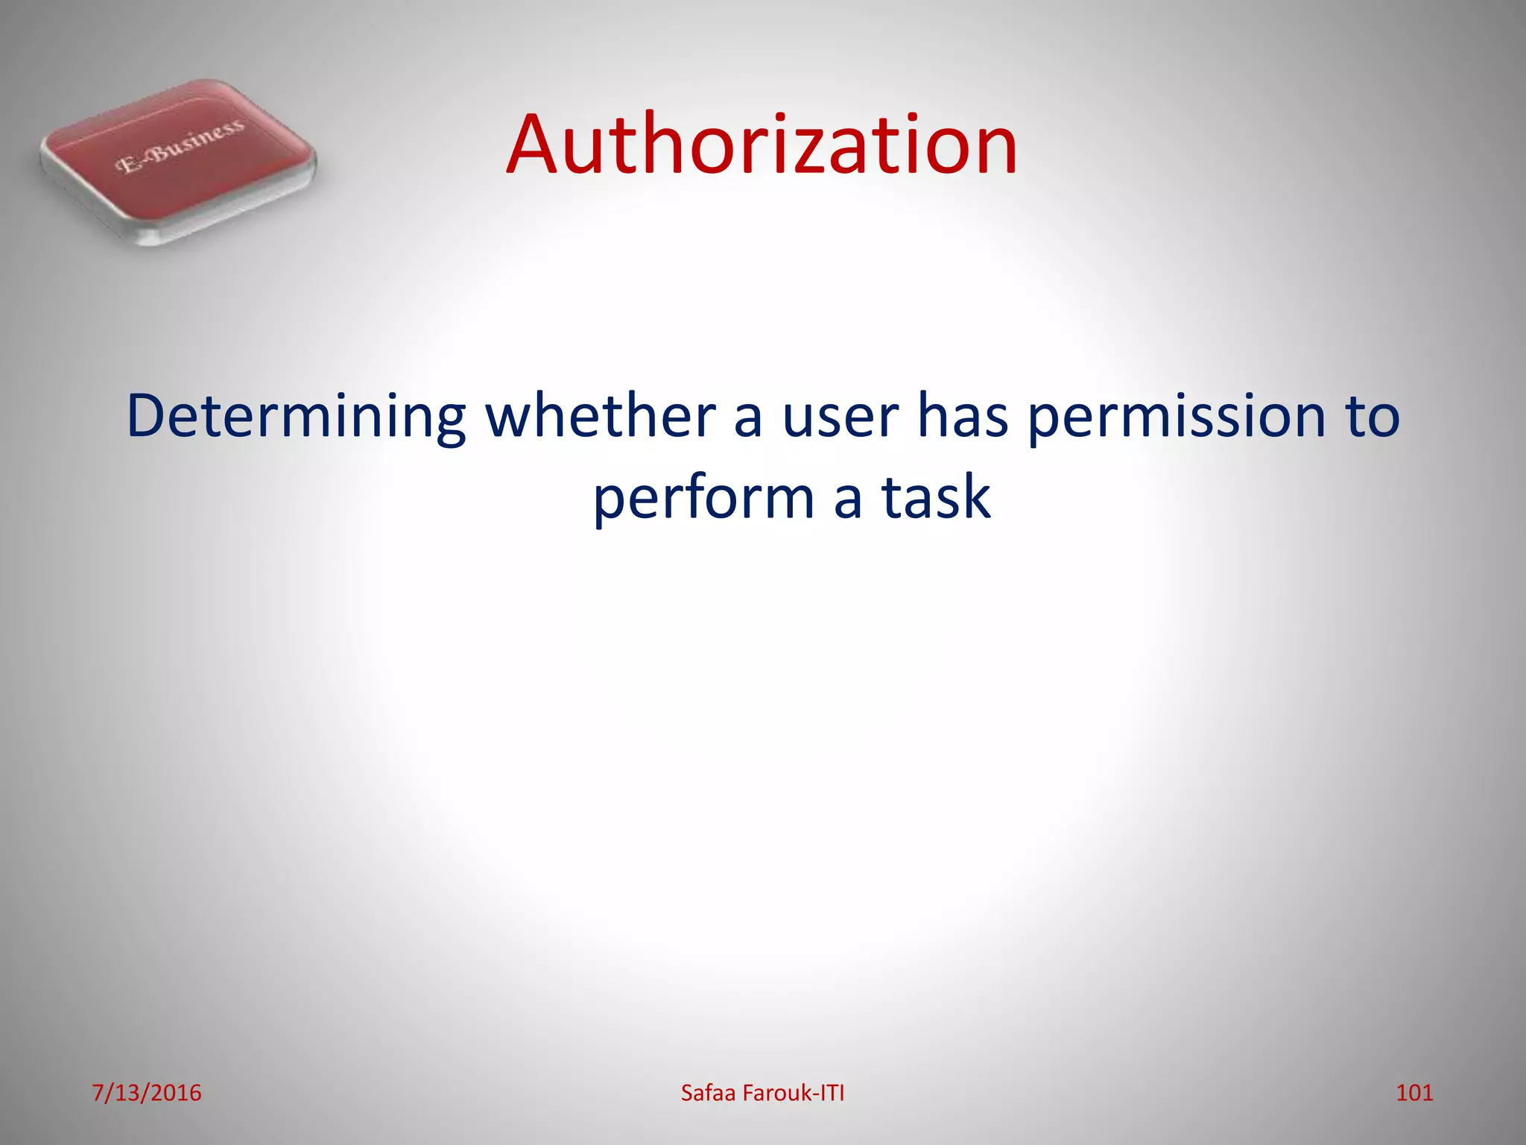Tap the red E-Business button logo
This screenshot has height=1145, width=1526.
point(178,161)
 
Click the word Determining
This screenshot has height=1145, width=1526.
point(296,417)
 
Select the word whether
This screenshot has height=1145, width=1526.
point(601,415)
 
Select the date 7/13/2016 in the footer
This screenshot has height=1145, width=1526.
point(147,1093)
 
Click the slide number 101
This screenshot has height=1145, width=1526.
point(1414,1093)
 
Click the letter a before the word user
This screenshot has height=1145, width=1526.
point(747,420)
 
